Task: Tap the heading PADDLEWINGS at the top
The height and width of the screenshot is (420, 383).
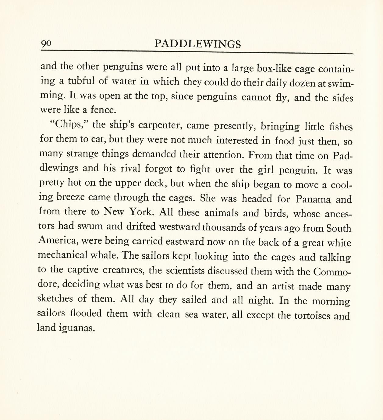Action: [197, 44]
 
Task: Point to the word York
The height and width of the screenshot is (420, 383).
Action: [140, 212]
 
